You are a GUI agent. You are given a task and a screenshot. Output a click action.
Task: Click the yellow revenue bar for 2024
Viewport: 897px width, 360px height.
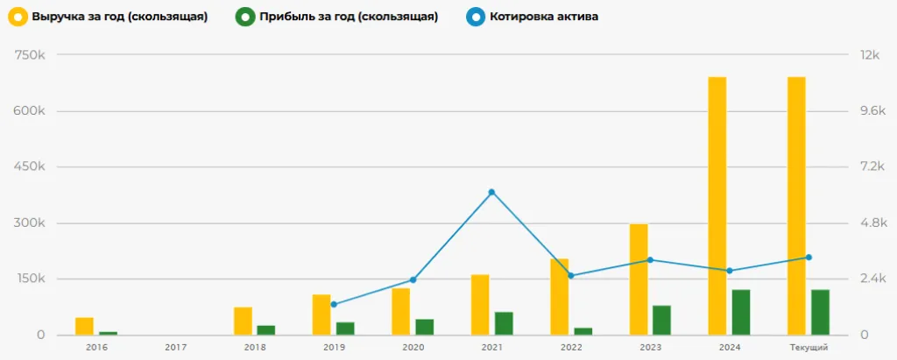tap(717, 206)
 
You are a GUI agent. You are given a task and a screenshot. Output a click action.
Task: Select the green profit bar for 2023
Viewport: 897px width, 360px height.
tap(661, 320)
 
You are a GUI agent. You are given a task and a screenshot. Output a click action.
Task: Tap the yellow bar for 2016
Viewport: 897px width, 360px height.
tap(84, 326)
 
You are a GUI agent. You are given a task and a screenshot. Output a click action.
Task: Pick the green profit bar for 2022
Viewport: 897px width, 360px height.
tap(583, 331)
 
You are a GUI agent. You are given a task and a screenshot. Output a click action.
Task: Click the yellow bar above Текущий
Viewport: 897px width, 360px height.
tap(796, 206)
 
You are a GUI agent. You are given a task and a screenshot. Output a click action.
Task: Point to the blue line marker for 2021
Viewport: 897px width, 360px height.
tap(491, 192)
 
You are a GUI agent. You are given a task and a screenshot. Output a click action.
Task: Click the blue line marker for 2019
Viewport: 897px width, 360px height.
tap(334, 304)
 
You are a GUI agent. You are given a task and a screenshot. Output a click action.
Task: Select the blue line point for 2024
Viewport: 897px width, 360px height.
tap(730, 271)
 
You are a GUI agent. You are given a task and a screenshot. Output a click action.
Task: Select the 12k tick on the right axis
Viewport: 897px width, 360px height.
tap(869, 55)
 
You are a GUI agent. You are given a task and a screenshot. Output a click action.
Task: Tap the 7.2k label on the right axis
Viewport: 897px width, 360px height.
tap(871, 167)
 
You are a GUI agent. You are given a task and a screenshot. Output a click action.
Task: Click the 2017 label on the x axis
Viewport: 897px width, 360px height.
tap(175, 348)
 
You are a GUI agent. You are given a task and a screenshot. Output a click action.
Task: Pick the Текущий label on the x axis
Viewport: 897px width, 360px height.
tap(809, 348)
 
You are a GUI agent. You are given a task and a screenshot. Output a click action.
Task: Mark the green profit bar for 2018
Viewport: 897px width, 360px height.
tap(265, 330)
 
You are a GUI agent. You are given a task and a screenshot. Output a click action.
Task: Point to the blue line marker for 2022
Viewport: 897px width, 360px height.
tap(571, 276)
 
